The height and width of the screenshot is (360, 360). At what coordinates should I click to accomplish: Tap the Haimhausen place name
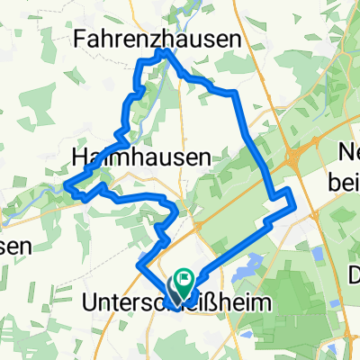(x=139, y=157)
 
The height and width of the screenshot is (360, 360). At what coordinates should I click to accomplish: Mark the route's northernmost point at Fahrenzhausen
(x=164, y=51)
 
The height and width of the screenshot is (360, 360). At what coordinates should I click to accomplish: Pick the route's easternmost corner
(x=294, y=208)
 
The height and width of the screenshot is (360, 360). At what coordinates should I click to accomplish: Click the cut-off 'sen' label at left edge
(x=15, y=245)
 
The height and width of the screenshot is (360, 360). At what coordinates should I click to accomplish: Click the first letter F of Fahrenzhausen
(x=84, y=40)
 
